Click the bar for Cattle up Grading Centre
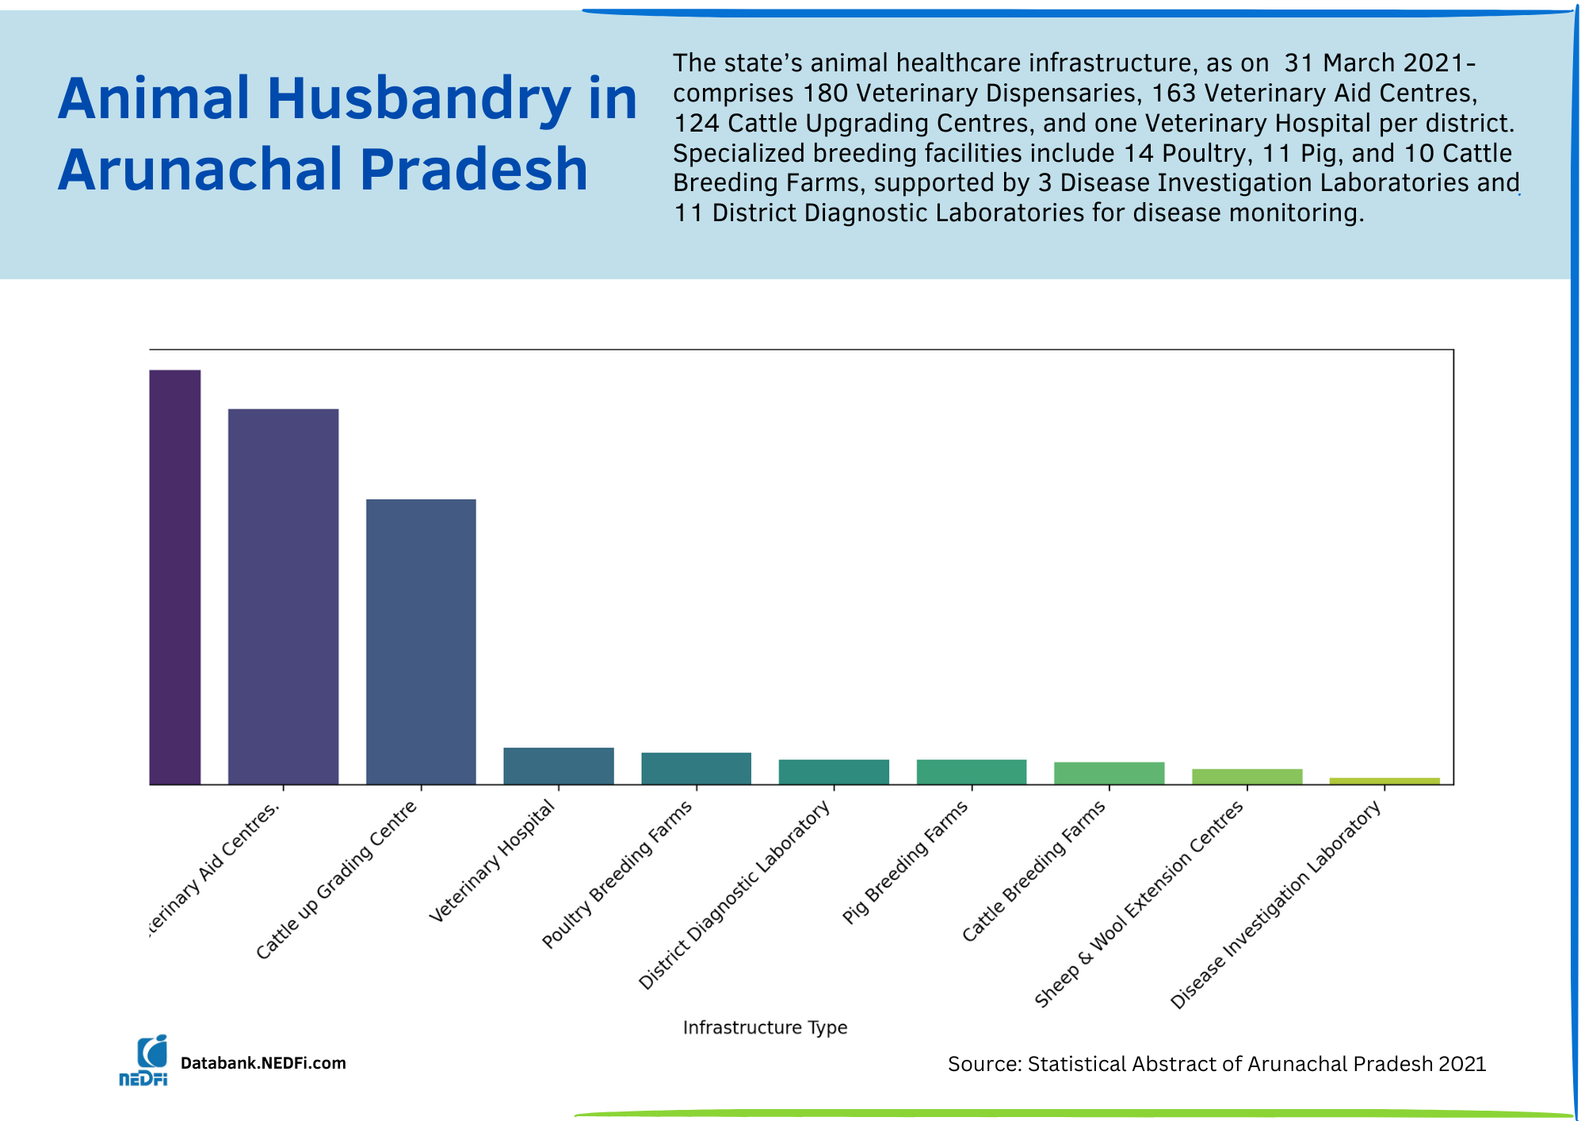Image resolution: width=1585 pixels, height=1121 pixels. (421, 641)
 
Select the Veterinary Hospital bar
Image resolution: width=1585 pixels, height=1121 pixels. (559, 766)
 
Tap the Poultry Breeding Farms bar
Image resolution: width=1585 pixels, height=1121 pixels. (696, 768)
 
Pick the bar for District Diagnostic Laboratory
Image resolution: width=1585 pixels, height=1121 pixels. (834, 771)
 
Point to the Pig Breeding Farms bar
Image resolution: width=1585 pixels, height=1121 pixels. (972, 771)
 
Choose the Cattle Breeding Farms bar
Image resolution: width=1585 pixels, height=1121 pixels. (1109, 773)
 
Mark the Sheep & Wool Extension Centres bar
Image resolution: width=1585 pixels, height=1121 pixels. (1247, 776)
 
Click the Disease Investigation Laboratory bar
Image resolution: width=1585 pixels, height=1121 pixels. (1384, 781)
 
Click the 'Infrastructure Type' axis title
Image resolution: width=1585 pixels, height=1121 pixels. (765, 1027)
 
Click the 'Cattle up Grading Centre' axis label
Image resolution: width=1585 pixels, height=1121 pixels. (337, 879)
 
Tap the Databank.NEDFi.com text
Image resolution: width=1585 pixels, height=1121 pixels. (263, 1063)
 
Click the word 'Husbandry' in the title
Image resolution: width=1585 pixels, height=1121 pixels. (418, 100)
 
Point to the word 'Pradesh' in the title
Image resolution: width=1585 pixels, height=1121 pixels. (474, 170)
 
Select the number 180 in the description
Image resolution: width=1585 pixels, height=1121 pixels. (825, 94)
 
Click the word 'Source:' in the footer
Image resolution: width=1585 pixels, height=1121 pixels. (983, 1064)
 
